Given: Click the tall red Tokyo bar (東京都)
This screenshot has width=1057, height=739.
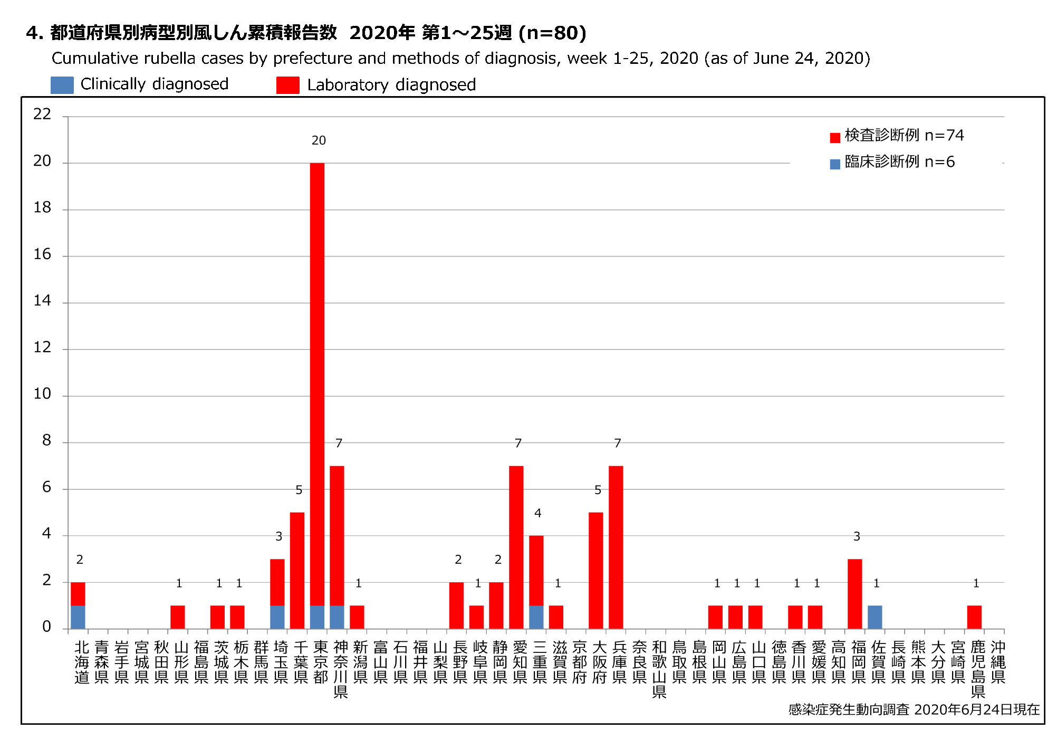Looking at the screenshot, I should [317, 380].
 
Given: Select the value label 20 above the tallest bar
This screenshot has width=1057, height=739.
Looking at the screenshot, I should [319, 140].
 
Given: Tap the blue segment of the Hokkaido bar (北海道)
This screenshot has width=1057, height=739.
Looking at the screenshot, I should [78, 617].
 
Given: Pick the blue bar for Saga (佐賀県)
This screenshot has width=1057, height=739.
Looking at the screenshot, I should [875, 617].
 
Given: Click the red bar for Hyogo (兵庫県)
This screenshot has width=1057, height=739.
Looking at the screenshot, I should [616, 547].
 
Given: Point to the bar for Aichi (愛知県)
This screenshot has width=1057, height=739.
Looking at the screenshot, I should [516, 547].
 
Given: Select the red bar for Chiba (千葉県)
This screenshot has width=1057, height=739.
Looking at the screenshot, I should [297, 570].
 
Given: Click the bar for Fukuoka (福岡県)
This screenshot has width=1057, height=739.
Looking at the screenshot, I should [854, 594].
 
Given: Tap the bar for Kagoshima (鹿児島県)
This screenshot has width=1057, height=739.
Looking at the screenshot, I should [974, 617].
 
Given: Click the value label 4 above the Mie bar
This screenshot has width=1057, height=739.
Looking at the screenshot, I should [537, 513].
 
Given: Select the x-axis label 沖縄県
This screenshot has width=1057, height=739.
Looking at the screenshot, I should [998, 662].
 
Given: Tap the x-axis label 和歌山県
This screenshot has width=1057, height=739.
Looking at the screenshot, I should [659, 669].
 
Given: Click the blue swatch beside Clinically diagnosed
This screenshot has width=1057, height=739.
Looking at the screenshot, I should [62, 85].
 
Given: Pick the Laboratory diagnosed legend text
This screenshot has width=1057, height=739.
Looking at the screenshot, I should [391, 85].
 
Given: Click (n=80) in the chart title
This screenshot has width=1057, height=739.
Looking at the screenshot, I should [552, 33].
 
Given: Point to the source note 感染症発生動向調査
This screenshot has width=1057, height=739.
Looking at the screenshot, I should [849, 709].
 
